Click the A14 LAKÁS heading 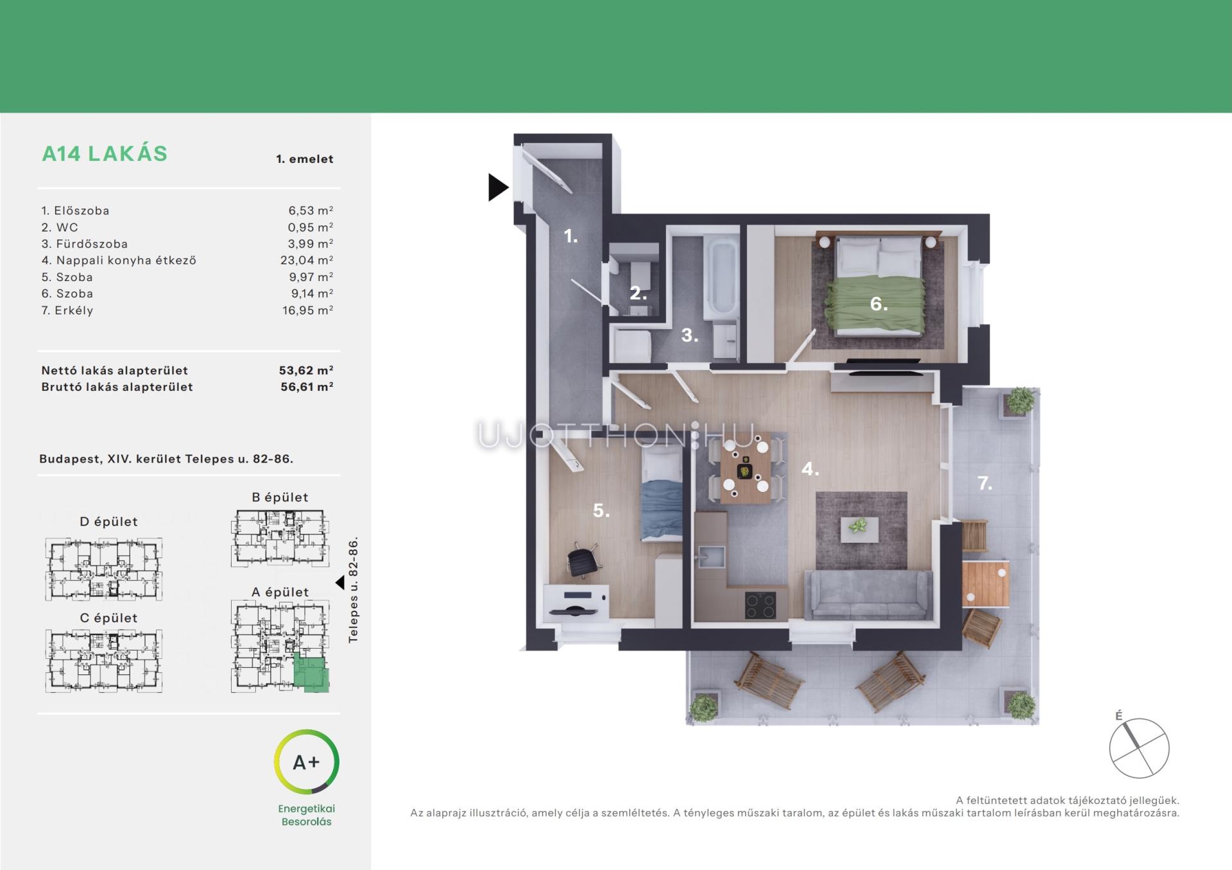105,154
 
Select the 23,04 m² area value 307,260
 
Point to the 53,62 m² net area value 306,370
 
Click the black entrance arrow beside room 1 497,187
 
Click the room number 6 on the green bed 879,303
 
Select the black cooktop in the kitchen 760,605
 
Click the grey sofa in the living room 868,594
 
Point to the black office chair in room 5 583,560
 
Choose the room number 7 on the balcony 985,483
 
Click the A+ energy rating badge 307,762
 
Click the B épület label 280,497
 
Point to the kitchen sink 710,555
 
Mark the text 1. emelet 305,159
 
